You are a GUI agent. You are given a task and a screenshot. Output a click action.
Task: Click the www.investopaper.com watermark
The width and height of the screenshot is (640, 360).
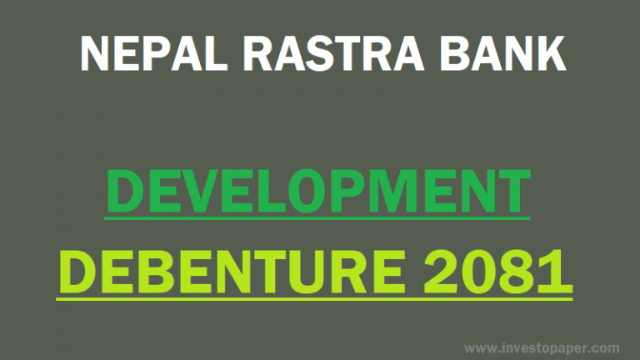[x=541, y=347]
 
